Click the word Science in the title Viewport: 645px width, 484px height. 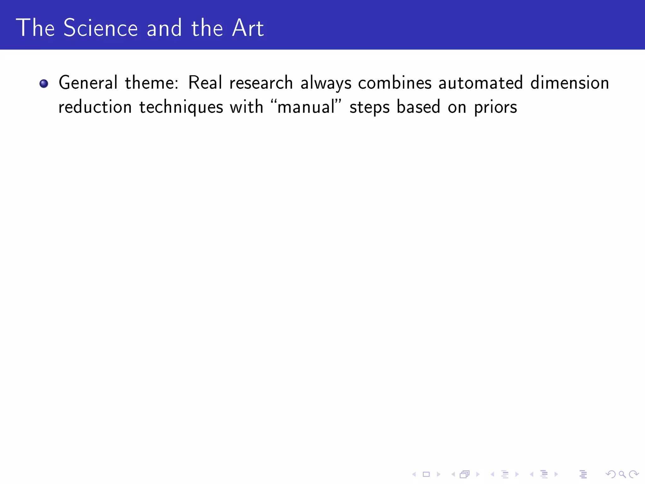pyautogui.click(x=100, y=28)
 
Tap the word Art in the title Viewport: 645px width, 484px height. pyautogui.click(x=248, y=28)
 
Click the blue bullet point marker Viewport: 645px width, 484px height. pyautogui.click(x=44, y=84)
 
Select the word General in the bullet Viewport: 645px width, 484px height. pyautogui.click(x=88, y=83)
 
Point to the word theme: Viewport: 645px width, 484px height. pyautogui.click(x=151, y=83)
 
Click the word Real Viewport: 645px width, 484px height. pyautogui.click(x=205, y=83)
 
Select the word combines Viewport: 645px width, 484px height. pyautogui.click(x=395, y=83)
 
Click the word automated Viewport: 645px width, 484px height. pyautogui.click(x=481, y=83)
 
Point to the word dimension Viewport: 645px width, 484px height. pyautogui.click(x=570, y=83)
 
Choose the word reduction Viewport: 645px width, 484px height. pyautogui.click(x=95, y=107)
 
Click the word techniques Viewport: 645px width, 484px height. pyautogui.click(x=181, y=107)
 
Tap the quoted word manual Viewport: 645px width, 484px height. pyautogui.click(x=306, y=107)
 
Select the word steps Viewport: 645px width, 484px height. pyautogui.click(x=369, y=107)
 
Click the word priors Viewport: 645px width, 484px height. pyautogui.click(x=495, y=107)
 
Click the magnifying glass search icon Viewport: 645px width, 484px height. pyautogui.click(x=622, y=474)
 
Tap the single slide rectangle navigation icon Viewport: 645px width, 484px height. pyautogui.click(x=426, y=474)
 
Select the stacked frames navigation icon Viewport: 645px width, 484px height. pyautogui.click(x=465, y=474)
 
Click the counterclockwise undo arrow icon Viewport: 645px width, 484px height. pyautogui.click(x=610, y=474)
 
